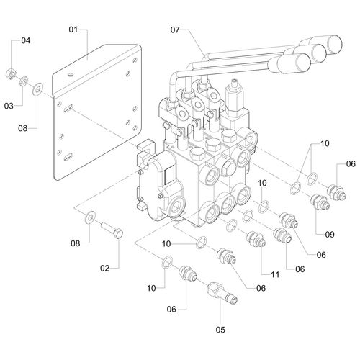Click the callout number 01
click(73, 30)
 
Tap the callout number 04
click(26, 40)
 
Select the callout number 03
click(9, 106)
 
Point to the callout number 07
click(175, 30)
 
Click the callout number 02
click(104, 268)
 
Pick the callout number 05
click(220, 330)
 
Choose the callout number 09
click(330, 235)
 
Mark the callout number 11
click(275, 274)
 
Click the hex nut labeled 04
click(11, 73)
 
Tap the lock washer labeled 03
click(24, 81)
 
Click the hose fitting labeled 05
click(222, 293)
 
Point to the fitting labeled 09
click(320, 202)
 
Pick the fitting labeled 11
click(256, 238)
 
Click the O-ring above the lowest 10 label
click(167, 262)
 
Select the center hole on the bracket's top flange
click(70, 75)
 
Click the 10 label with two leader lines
click(325, 143)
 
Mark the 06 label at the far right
click(351, 164)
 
